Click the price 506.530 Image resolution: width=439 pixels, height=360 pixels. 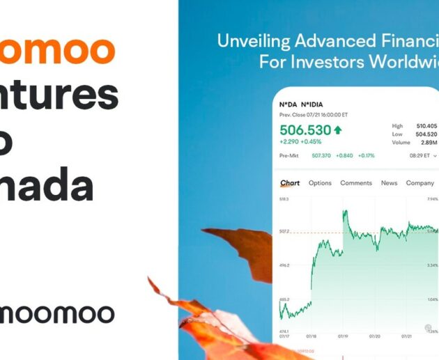tap(305, 130)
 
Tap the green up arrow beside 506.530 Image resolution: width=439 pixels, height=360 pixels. tap(338, 130)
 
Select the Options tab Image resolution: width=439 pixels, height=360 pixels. tap(320, 183)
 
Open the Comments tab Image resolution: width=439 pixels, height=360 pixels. tap(356, 183)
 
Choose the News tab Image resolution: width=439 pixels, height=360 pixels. tap(389, 183)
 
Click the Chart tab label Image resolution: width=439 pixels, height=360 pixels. tap(290, 183)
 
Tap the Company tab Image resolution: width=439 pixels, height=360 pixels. tap(420, 183)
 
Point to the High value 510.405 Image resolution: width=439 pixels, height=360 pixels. tap(426, 126)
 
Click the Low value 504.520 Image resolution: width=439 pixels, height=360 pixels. tap(426, 134)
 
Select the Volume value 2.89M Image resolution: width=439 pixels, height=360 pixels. tap(426, 143)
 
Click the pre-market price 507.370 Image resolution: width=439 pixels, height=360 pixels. tap(321, 156)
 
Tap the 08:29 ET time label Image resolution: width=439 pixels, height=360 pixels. tap(420, 156)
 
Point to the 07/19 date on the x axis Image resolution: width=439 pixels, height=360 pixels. tap(343, 335)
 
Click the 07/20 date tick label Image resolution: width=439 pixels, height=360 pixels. tap(375, 335)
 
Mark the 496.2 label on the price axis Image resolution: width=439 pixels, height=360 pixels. tap(284, 265)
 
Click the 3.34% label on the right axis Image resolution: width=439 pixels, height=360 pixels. tap(432, 265)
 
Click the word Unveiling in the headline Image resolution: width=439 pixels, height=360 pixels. tap(250, 41)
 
